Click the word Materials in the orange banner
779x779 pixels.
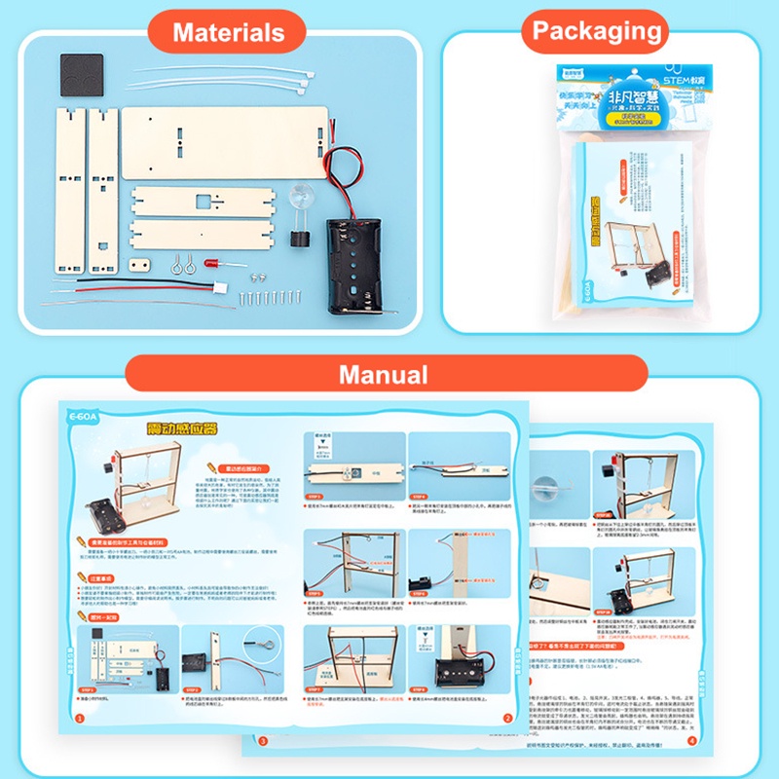coord(229,32)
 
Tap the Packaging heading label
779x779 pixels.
coord(597,31)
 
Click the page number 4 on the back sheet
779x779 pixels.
coord(692,741)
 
